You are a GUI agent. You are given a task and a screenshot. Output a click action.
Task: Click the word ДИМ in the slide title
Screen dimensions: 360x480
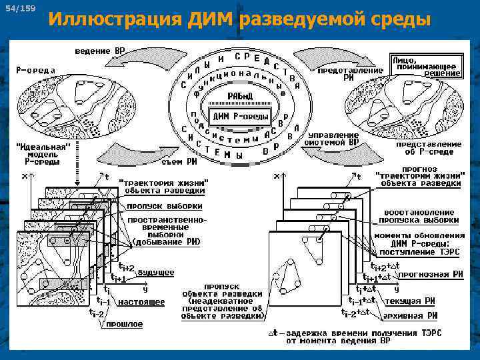coord(211,19)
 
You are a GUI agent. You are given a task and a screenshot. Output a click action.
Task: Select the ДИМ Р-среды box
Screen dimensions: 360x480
coord(240,117)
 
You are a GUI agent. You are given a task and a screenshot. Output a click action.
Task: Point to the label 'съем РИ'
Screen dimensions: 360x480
coord(179,161)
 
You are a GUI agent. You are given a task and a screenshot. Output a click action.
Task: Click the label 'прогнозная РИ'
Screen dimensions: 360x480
coord(417,273)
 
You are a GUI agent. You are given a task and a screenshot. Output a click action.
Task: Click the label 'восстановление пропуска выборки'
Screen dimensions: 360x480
coord(419,215)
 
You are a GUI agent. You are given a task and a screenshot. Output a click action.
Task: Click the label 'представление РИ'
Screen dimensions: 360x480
coord(350,73)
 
